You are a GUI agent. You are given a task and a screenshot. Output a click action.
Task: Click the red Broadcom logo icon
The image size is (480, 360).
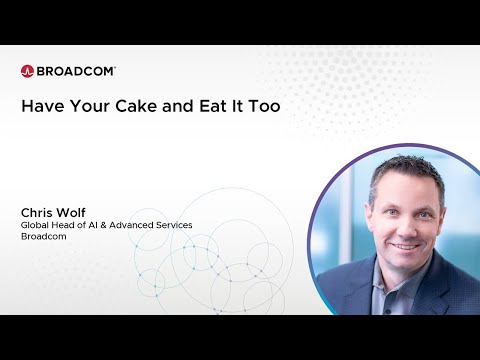(x=27, y=71)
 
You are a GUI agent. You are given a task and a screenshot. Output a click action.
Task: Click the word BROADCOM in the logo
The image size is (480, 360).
(x=76, y=71)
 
